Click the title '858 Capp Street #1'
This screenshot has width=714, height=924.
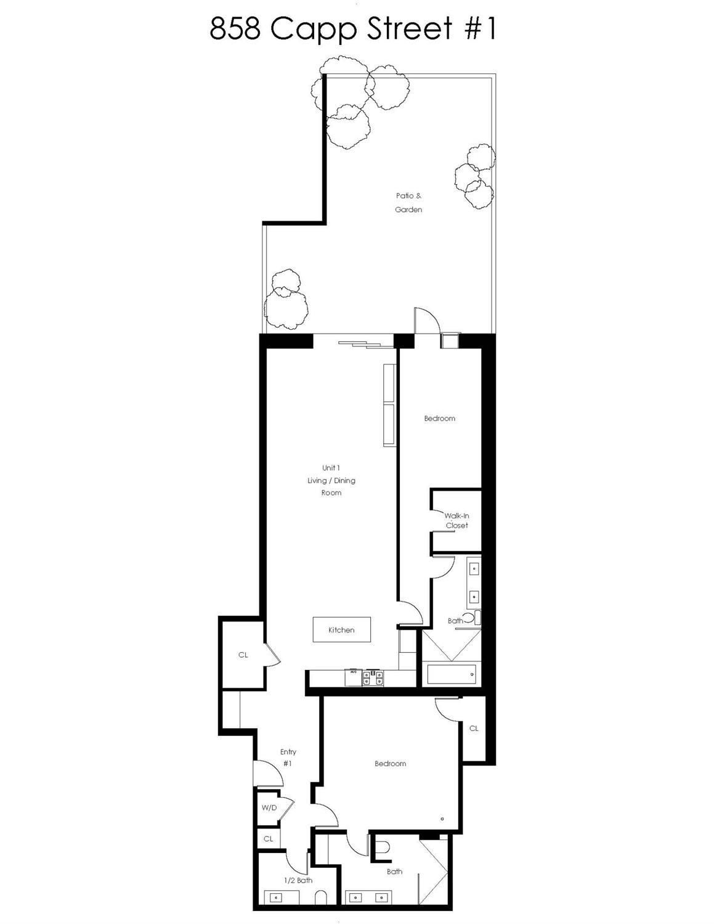point(352,29)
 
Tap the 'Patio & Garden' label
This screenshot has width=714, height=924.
point(409,203)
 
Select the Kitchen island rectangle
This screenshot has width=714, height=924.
point(341,629)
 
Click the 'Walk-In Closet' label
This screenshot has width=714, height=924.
point(456,521)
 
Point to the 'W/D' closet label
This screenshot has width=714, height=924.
point(269,807)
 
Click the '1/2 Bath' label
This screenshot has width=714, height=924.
point(298,880)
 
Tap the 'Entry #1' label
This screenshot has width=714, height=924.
point(288,758)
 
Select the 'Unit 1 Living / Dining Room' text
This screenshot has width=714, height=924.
point(331,480)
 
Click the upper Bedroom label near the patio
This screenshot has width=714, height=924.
point(439,419)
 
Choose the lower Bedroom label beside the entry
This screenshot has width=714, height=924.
point(390,764)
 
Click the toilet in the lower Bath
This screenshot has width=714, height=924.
point(383,849)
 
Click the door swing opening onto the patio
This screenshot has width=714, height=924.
point(426,320)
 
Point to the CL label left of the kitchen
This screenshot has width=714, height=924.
point(243,655)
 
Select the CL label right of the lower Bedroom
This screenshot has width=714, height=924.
point(474,729)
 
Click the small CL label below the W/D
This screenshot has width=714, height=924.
point(268,839)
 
